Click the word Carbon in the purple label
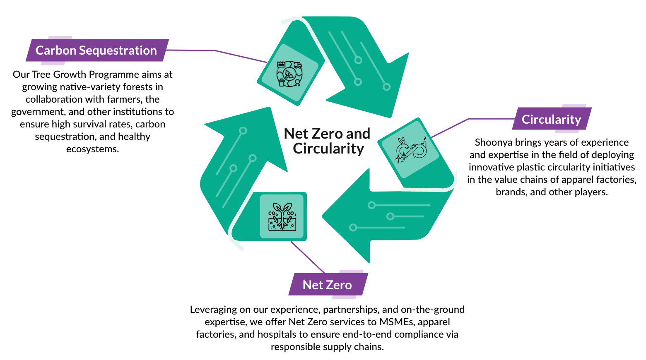(56, 50)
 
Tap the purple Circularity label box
(551, 119)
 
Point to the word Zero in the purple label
(339, 285)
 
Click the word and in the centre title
(358, 134)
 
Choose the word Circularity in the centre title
(328, 149)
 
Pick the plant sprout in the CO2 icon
(282, 209)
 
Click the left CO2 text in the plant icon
(272, 214)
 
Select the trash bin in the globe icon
(282, 83)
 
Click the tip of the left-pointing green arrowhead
(323, 216)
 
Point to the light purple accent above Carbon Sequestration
(60, 38)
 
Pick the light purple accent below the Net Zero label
(344, 297)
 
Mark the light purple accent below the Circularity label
(566, 132)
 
